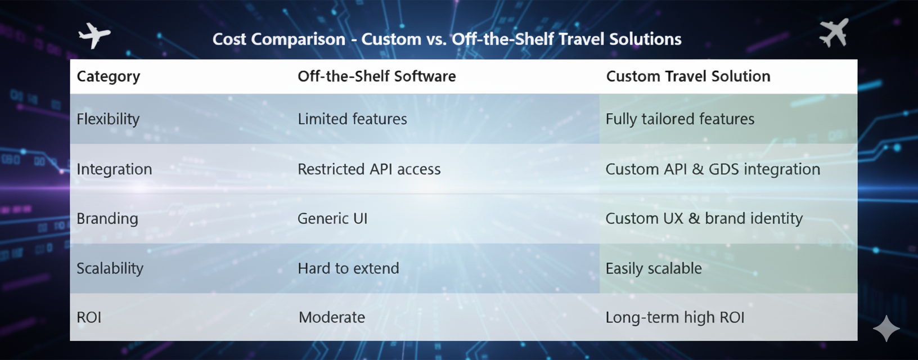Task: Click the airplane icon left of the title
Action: (x=94, y=35)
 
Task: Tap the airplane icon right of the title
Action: (x=834, y=33)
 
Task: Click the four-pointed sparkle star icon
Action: (x=886, y=328)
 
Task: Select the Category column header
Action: (x=108, y=76)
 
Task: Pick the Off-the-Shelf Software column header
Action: (x=377, y=76)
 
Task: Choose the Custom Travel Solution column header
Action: (x=688, y=76)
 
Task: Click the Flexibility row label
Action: (x=108, y=119)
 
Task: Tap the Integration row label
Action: (x=114, y=169)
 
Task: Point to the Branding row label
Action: (x=107, y=219)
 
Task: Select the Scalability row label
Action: (x=110, y=268)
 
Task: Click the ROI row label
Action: (x=89, y=317)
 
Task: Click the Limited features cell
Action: (x=353, y=119)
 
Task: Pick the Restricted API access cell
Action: (x=369, y=169)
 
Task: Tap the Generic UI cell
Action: (x=332, y=219)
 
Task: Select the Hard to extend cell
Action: (x=348, y=268)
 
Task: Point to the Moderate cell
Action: (x=332, y=317)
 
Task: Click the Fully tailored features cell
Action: (x=680, y=119)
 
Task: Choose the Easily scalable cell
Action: (x=654, y=268)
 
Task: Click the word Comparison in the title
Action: (x=298, y=39)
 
